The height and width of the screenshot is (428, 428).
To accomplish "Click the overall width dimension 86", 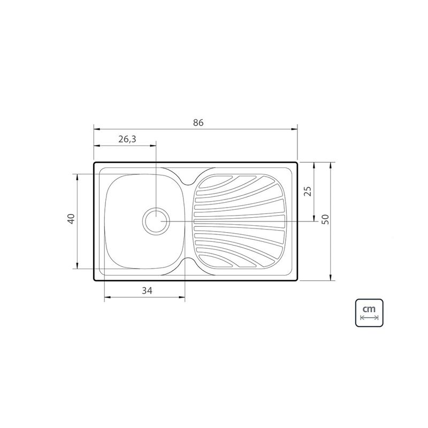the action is click(x=198, y=123).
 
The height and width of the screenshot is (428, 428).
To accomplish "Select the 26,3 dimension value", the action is click(x=127, y=139).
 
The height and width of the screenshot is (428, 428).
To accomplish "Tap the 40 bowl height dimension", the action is click(x=71, y=219).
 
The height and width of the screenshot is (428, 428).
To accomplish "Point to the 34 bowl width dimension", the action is click(x=147, y=291).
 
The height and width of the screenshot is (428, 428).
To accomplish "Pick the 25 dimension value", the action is click(x=308, y=191).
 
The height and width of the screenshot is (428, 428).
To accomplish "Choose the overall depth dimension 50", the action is click(x=325, y=219).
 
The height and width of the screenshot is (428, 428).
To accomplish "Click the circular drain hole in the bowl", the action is click(x=156, y=220).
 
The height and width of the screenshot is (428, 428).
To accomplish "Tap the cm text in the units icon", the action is click(x=369, y=309).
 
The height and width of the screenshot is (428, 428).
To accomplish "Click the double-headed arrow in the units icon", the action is click(x=369, y=317).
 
